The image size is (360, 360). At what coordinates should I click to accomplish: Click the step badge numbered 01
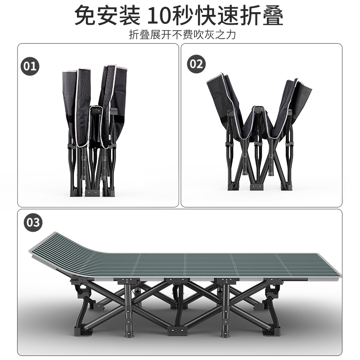click(30, 66)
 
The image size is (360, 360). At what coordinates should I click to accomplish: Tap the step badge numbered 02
click(196, 64)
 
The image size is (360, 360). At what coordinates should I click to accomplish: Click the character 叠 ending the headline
click(273, 16)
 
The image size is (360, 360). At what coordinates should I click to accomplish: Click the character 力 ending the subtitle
click(231, 35)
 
